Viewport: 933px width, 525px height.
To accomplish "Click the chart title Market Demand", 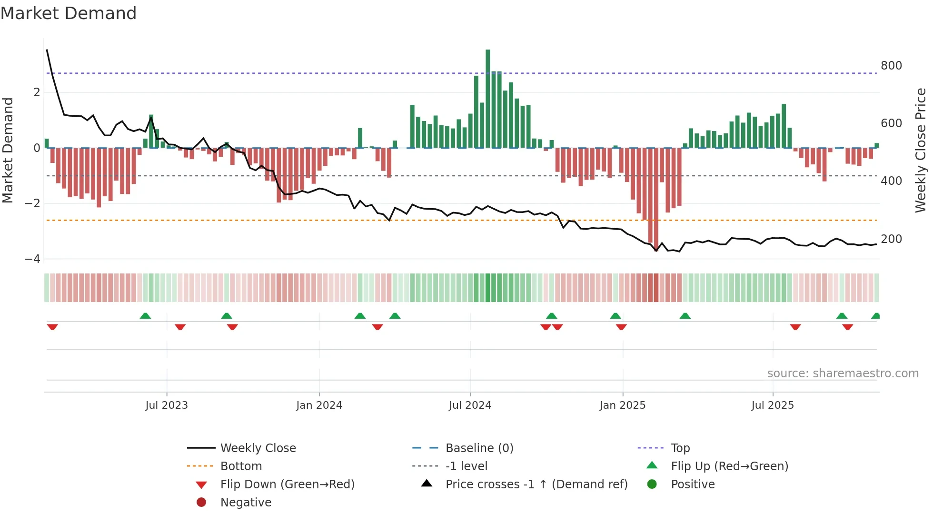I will click(69, 13).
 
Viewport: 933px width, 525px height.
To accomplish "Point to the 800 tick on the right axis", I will click(891, 66).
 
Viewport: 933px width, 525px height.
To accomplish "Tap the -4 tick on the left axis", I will click(33, 259).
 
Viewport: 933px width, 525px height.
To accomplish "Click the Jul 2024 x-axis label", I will click(470, 405).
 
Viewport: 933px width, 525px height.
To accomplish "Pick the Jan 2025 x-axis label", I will click(622, 405).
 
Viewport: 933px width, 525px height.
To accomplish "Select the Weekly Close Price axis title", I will click(921, 150).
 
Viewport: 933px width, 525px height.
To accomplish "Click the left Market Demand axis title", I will click(8, 150).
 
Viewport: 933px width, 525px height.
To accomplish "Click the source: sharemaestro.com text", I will click(843, 374).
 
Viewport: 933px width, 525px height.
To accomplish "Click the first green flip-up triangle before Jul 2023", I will click(145, 316).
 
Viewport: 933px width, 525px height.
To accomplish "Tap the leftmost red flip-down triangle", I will click(52, 327).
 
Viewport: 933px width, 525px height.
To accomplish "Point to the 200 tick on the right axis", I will click(891, 239).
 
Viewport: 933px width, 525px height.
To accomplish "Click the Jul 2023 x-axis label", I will click(167, 405).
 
